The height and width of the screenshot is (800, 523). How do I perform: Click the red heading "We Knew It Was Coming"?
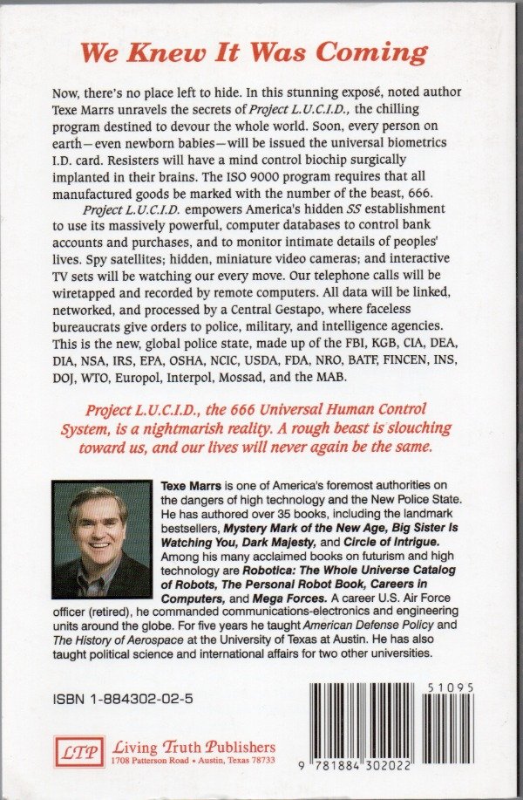tap(254, 52)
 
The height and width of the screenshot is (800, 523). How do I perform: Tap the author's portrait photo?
tap(102, 540)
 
